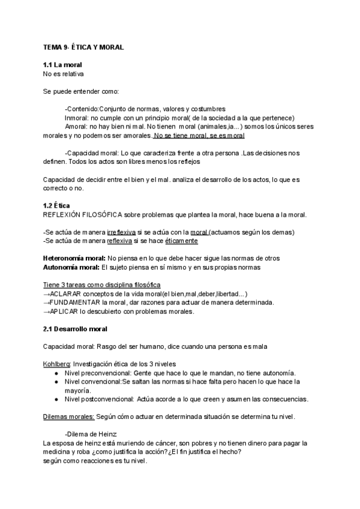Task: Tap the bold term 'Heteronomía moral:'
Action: click(x=74, y=258)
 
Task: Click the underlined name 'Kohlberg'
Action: click(x=58, y=364)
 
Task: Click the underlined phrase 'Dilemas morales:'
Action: click(x=69, y=417)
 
